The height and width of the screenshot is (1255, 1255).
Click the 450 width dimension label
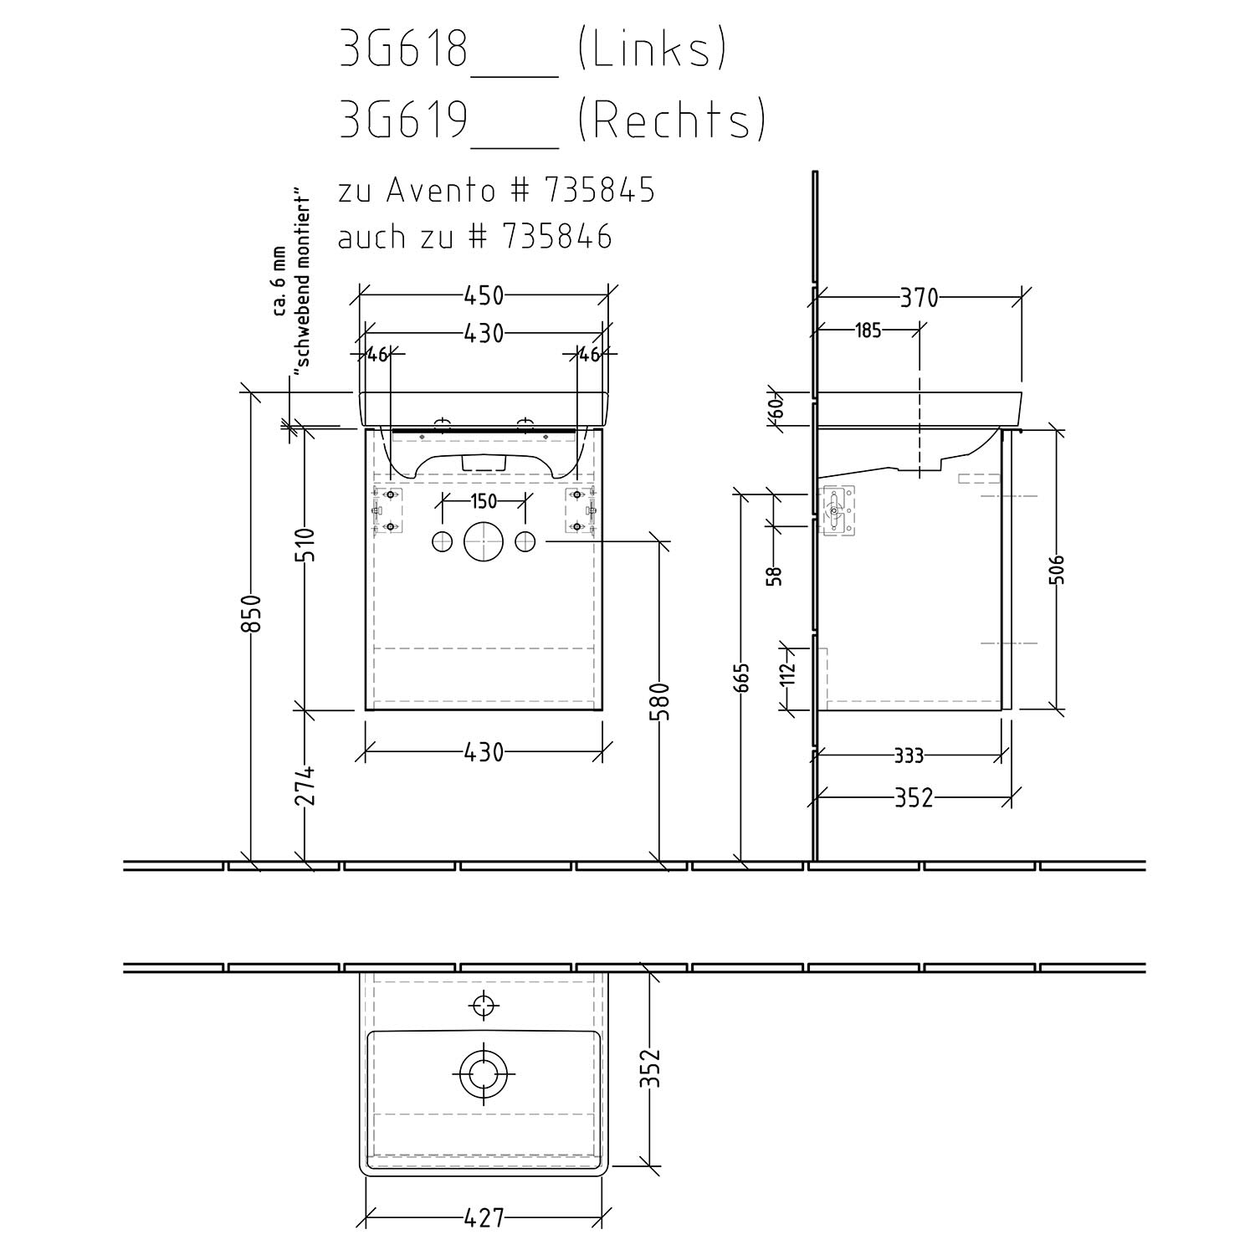coord(484,295)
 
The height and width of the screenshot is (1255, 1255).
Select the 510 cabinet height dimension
coord(306,546)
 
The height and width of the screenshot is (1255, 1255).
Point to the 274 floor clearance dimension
coord(306,786)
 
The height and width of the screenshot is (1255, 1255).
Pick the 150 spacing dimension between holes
coord(484,501)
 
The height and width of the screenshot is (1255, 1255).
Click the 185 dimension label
coord(868,330)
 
